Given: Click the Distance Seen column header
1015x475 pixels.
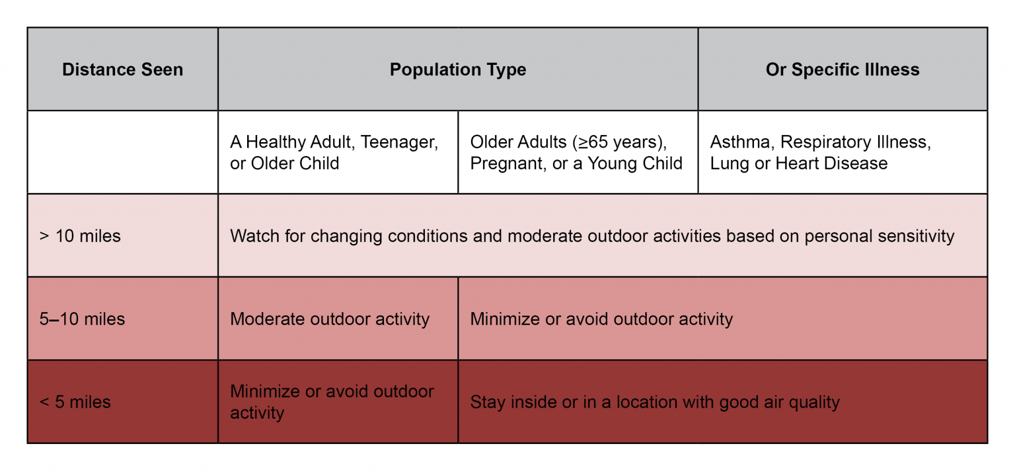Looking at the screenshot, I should pos(122,69).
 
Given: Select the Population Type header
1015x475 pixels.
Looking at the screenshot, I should pos(457,69).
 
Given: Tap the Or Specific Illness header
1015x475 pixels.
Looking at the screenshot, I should pos(842,69).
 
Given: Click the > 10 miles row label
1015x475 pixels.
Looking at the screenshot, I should pos(80,236).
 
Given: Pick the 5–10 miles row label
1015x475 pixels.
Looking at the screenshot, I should pos(82,319).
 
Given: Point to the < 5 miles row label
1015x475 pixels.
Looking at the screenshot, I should pos(75,402).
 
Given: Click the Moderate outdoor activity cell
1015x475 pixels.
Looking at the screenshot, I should pos(330,319).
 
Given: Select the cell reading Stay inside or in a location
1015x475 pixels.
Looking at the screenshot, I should pos(654,402).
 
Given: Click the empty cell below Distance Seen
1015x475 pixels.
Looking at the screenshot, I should pos(122,152).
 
